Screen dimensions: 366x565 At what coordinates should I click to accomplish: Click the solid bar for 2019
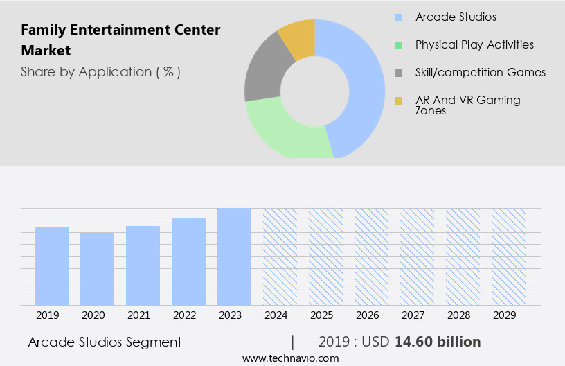point(51,265)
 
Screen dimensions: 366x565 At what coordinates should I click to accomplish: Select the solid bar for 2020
point(97,268)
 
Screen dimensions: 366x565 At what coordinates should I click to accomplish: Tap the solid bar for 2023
point(234,256)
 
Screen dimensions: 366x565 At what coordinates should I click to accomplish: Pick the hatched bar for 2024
point(280,256)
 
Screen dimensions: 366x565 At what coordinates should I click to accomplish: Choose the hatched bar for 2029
point(508,256)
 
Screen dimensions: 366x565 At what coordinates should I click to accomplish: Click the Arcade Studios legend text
point(456,17)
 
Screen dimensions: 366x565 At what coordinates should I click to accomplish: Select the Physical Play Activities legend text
point(474,44)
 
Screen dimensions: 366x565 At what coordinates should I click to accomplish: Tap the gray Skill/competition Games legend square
point(398,73)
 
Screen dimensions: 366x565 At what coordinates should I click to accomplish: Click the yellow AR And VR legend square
point(398,101)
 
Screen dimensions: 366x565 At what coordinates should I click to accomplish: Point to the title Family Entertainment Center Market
point(120,40)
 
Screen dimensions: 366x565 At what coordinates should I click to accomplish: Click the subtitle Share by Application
point(100,72)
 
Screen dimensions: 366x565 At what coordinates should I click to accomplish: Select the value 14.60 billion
point(438,342)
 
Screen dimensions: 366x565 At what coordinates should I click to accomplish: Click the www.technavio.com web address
point(291,358)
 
